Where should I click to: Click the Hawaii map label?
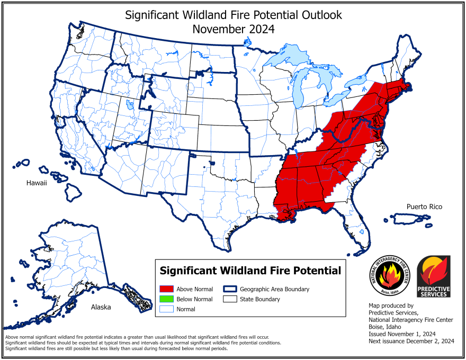tap(37, 183)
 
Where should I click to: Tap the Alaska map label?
tap(101, 307)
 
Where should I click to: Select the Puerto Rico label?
tap(424, 206)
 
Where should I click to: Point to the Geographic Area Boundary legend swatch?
tap(230, 290)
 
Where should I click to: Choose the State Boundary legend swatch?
tap(230, 299)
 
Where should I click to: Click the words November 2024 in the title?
tap(234, 29)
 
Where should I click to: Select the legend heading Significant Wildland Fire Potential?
tap(250, 271)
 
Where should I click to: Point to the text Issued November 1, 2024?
tap(402, 334)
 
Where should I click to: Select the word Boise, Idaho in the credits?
tap(386, 327)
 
